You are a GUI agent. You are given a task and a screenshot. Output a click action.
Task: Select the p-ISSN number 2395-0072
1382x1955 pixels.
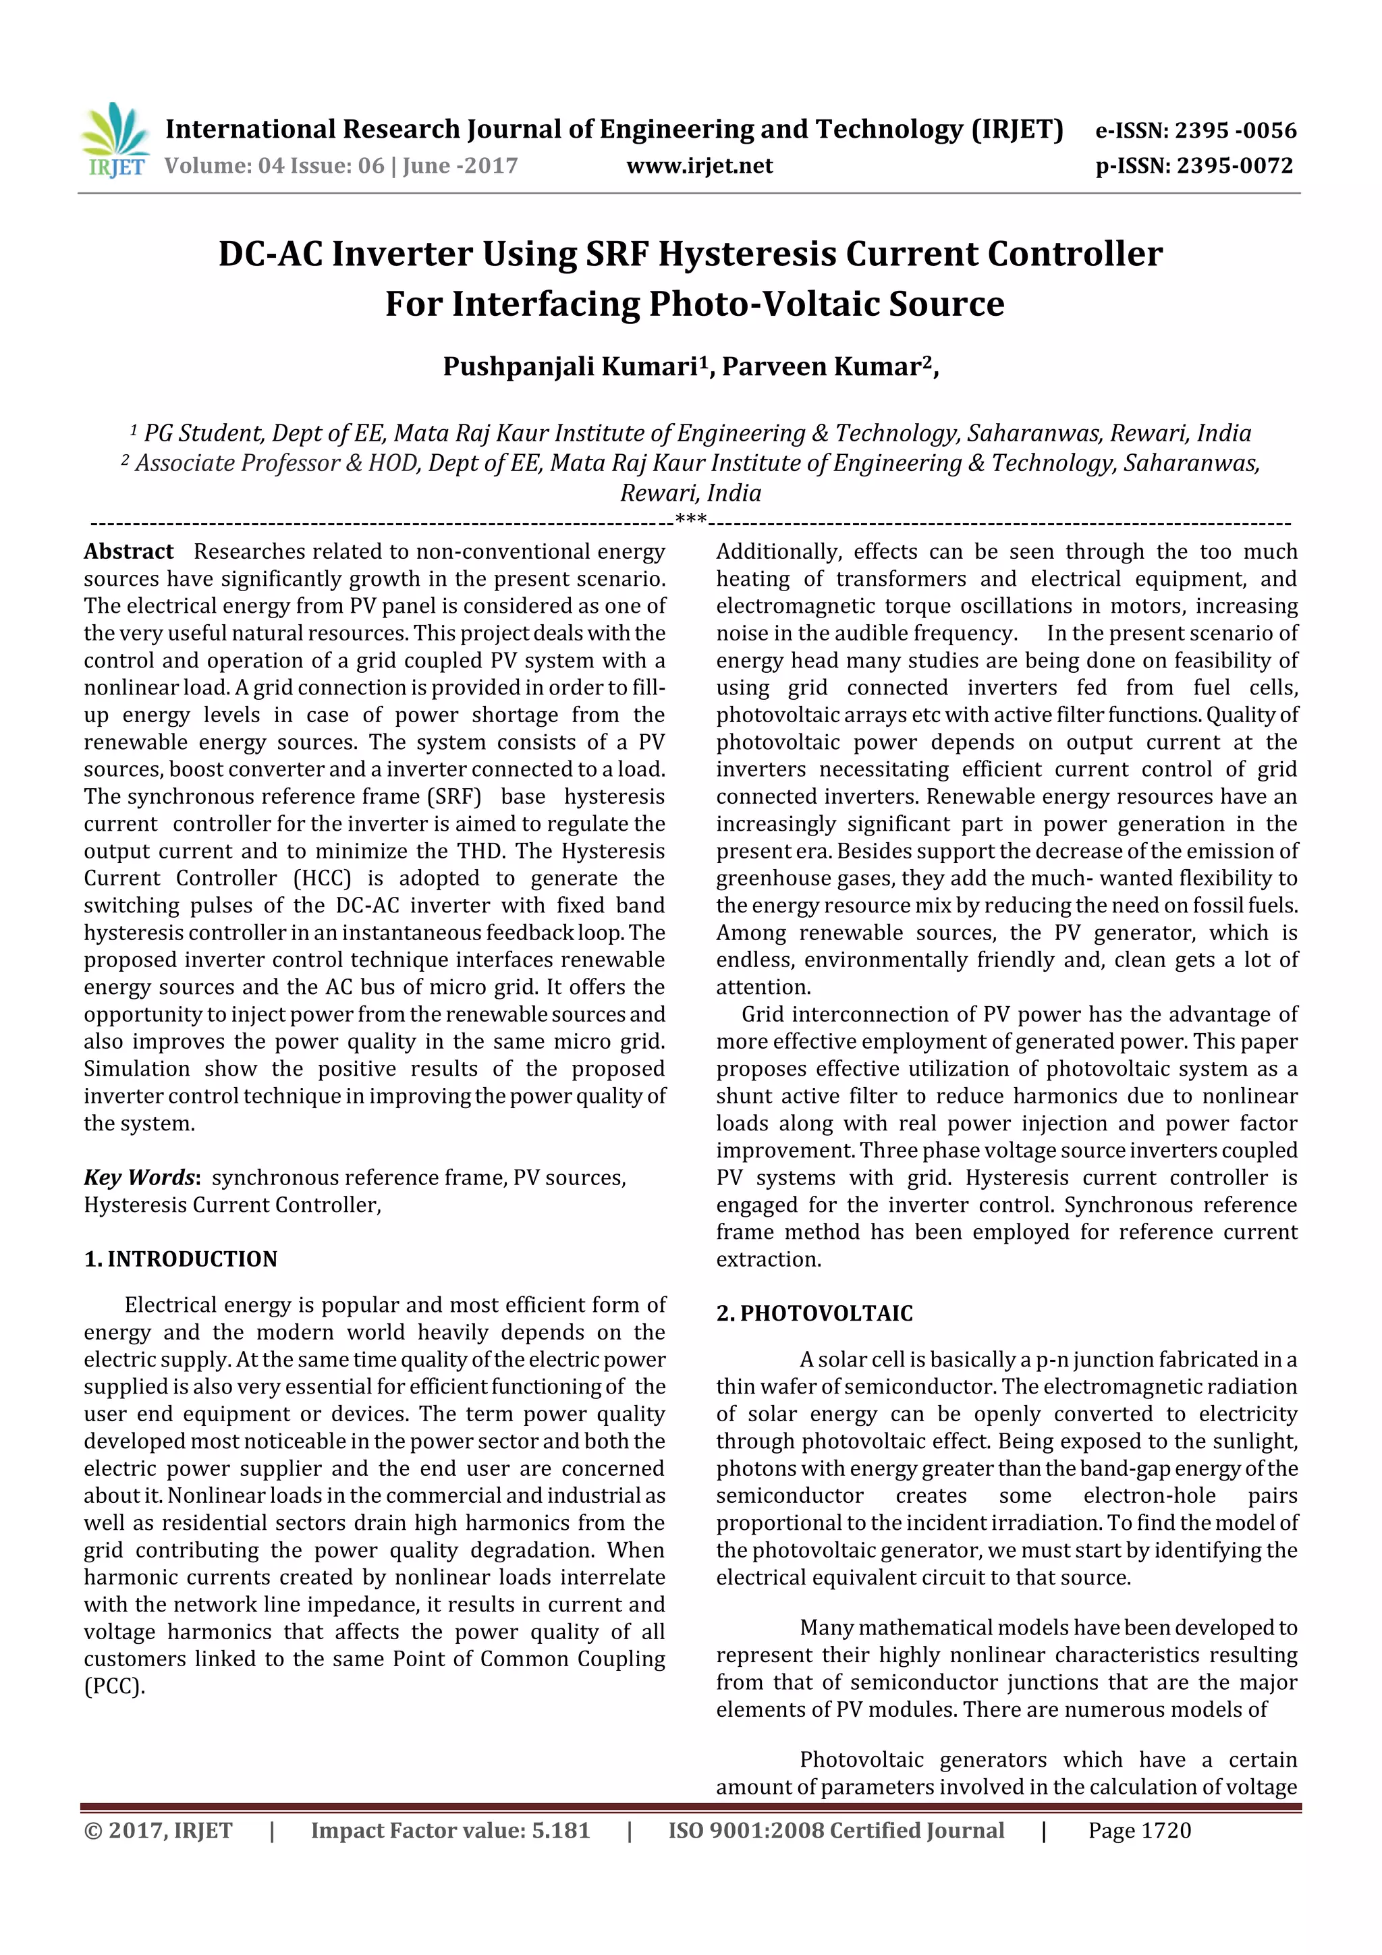point(1234,165)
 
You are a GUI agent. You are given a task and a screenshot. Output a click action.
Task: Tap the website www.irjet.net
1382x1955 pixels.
point(699,165)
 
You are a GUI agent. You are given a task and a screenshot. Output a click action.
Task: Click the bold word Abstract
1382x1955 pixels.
point(129,552)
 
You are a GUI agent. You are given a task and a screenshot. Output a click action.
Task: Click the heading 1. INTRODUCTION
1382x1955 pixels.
point(181,1259)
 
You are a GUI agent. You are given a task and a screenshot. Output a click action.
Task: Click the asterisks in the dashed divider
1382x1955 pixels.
point(690,520)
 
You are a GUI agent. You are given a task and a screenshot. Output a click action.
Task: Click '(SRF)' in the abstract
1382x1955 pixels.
point(458,797)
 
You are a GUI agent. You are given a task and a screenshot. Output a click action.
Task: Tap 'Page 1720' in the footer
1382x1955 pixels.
point(1139,1831)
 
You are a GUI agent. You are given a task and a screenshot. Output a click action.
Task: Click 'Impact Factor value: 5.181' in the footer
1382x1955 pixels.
point(451,1831)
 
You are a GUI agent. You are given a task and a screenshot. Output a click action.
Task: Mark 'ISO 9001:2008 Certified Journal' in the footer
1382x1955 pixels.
point(836,1831)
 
